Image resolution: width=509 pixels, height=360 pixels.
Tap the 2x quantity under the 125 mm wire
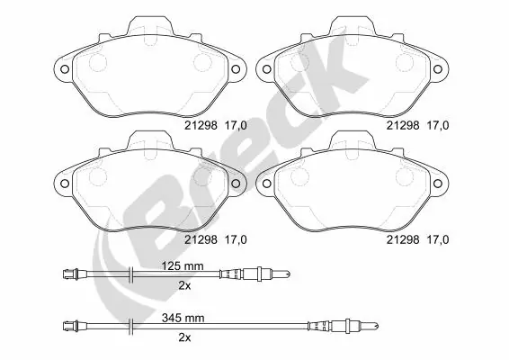184,284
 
